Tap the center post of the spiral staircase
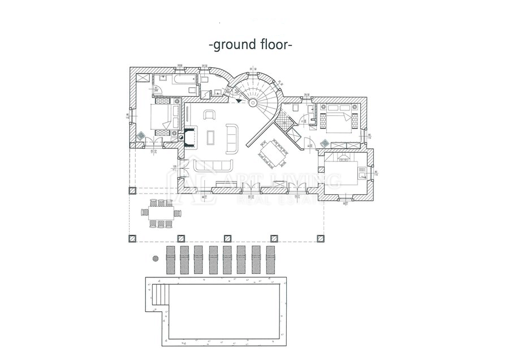pos(253,102)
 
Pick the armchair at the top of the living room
pos(209,115)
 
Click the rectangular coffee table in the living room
pos(212,138)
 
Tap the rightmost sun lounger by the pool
pos(271,260)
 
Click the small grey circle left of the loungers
pos(154,258)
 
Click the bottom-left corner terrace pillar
pos(132,238)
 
